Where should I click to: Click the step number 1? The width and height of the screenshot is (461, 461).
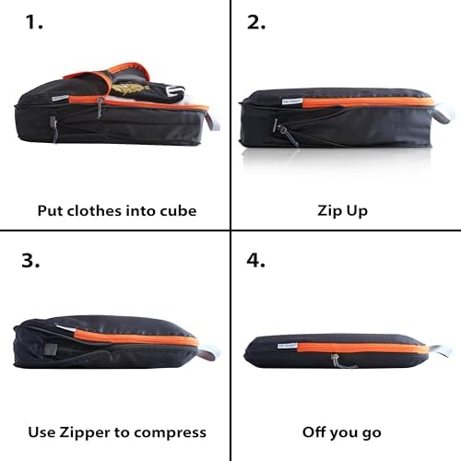[34, 22]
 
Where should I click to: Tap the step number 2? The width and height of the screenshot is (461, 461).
[256, 22]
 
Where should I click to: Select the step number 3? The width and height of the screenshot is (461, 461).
[30, 260]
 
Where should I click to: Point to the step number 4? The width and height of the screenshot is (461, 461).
[255, 260]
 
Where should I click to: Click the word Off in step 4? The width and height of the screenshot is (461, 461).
[313, 432]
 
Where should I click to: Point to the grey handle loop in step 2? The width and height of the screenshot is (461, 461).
[444, 113]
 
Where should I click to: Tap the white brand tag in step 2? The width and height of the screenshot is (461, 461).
[292, 101]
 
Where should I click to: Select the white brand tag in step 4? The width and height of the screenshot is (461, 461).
[288, 346]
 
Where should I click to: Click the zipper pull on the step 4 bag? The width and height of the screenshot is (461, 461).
[336, 361]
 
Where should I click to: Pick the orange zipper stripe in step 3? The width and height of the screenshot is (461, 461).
[136, 338]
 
